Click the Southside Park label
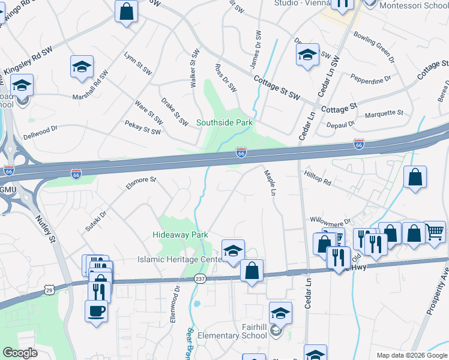[225, 123]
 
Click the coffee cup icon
[97, 311]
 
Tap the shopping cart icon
[435, 231]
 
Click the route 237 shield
[200, 279]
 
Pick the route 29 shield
[48, 290]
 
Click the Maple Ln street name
[269, 184]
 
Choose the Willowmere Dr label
[330, 221]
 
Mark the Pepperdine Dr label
[372, 78]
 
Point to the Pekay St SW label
[143, 127]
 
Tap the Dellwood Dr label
[40, 128]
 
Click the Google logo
[20, 353]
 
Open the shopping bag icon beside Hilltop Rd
[415, 177]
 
